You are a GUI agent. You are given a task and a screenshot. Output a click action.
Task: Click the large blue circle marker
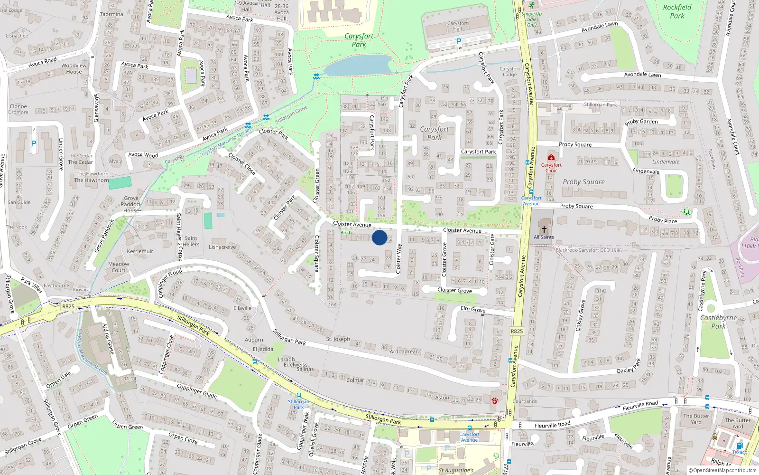(x=379, y=237)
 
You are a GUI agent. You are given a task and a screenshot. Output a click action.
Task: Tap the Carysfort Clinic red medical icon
(x=551, y=158)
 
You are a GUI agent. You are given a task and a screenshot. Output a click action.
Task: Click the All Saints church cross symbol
(x=544, y=229)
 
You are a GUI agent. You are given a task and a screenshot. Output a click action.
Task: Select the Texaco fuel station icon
(x=739, y=446)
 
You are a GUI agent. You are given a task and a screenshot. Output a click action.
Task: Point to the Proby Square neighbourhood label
(x=583, y=182)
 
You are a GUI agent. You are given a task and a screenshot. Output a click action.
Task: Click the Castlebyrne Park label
(x=718, y=322)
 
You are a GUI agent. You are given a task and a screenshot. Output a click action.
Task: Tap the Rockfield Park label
(x=677, y=11)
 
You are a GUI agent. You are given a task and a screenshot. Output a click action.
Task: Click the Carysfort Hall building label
(x=457, y=26)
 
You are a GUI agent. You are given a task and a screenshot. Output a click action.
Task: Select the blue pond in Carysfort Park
(x=358, y=65)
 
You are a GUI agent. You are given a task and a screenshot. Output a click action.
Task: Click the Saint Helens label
(x=191, y=241)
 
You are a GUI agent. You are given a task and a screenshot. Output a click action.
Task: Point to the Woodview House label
(x=74, y=68)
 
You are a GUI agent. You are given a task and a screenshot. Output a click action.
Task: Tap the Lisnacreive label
(x=222, y=247)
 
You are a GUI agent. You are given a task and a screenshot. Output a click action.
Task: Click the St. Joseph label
(x=338, y=339)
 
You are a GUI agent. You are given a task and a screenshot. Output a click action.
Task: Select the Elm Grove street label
(x=473, y=309)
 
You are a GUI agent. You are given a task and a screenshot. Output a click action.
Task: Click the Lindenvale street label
(x=646, y=171)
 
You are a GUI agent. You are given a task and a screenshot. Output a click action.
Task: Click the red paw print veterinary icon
(x=495, y=400)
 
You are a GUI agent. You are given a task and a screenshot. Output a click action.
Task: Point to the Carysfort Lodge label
(x=509, y=72)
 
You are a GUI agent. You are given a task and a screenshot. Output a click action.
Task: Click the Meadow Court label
(x=119, y=267)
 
